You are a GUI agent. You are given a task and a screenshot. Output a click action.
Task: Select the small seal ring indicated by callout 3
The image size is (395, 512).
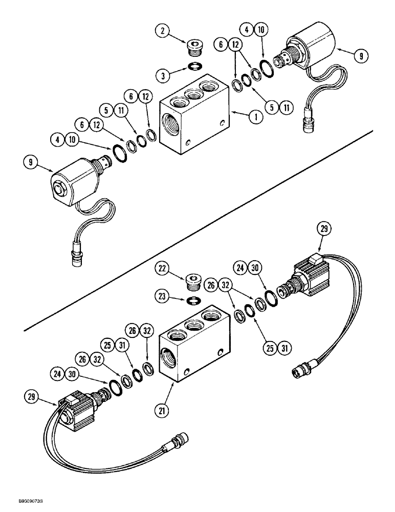194,66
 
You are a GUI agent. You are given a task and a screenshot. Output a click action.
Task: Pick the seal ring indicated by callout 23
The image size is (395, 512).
194,299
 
